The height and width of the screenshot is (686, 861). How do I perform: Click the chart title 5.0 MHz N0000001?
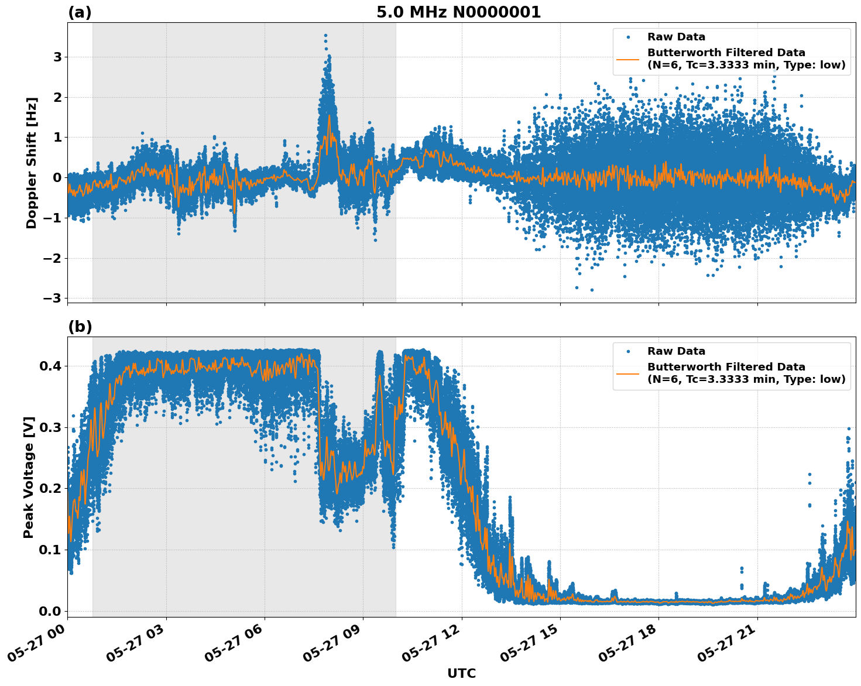[458, 12]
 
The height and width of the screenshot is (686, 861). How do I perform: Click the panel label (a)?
[80, 12]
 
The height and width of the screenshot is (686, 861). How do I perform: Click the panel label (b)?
[80, 327]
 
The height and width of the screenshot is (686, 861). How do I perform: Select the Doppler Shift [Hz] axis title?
[32, 163]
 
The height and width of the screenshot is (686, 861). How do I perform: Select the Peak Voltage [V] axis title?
[29, 477]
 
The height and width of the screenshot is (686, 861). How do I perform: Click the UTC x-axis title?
[461, 673]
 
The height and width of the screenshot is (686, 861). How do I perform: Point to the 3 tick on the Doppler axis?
[57, 57]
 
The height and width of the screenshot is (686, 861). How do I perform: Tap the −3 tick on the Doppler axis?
[53, 299]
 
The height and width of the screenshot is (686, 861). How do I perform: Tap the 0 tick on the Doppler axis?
[57, 178]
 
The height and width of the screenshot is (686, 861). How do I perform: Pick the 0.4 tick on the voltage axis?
[51, 366]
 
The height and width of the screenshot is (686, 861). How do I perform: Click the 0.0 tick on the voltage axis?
[51, 611]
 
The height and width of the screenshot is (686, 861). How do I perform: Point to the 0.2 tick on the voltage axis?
[51, 489]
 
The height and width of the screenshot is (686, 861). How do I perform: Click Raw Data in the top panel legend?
[676, 37]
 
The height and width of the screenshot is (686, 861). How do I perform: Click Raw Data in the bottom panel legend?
[676, 351]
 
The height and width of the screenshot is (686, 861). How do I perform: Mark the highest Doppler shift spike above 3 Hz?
[325, 36]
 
